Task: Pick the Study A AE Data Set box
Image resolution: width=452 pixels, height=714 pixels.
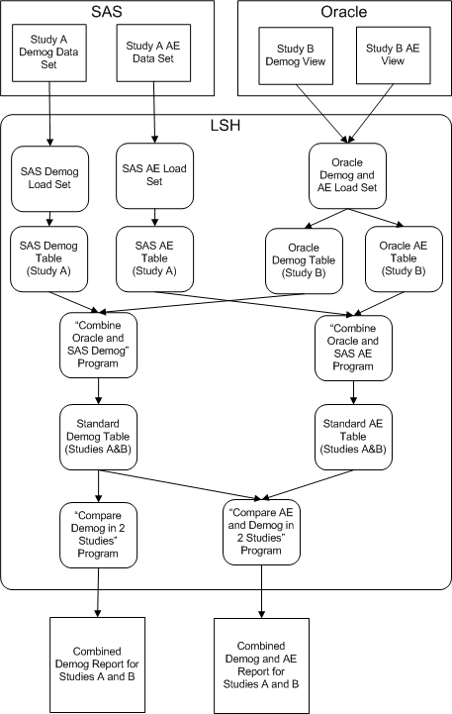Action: (x=153, y=51)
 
